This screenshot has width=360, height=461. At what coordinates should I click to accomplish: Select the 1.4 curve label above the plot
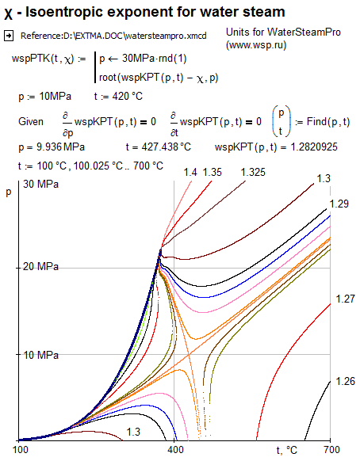190,172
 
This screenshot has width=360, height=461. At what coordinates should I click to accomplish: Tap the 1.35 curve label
213,172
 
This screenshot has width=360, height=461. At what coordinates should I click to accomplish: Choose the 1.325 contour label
254,172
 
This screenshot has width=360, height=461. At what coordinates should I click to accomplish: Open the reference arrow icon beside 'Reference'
10,36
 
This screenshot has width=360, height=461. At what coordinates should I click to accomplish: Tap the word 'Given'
32,121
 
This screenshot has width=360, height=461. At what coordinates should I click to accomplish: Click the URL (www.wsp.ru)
255,46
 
